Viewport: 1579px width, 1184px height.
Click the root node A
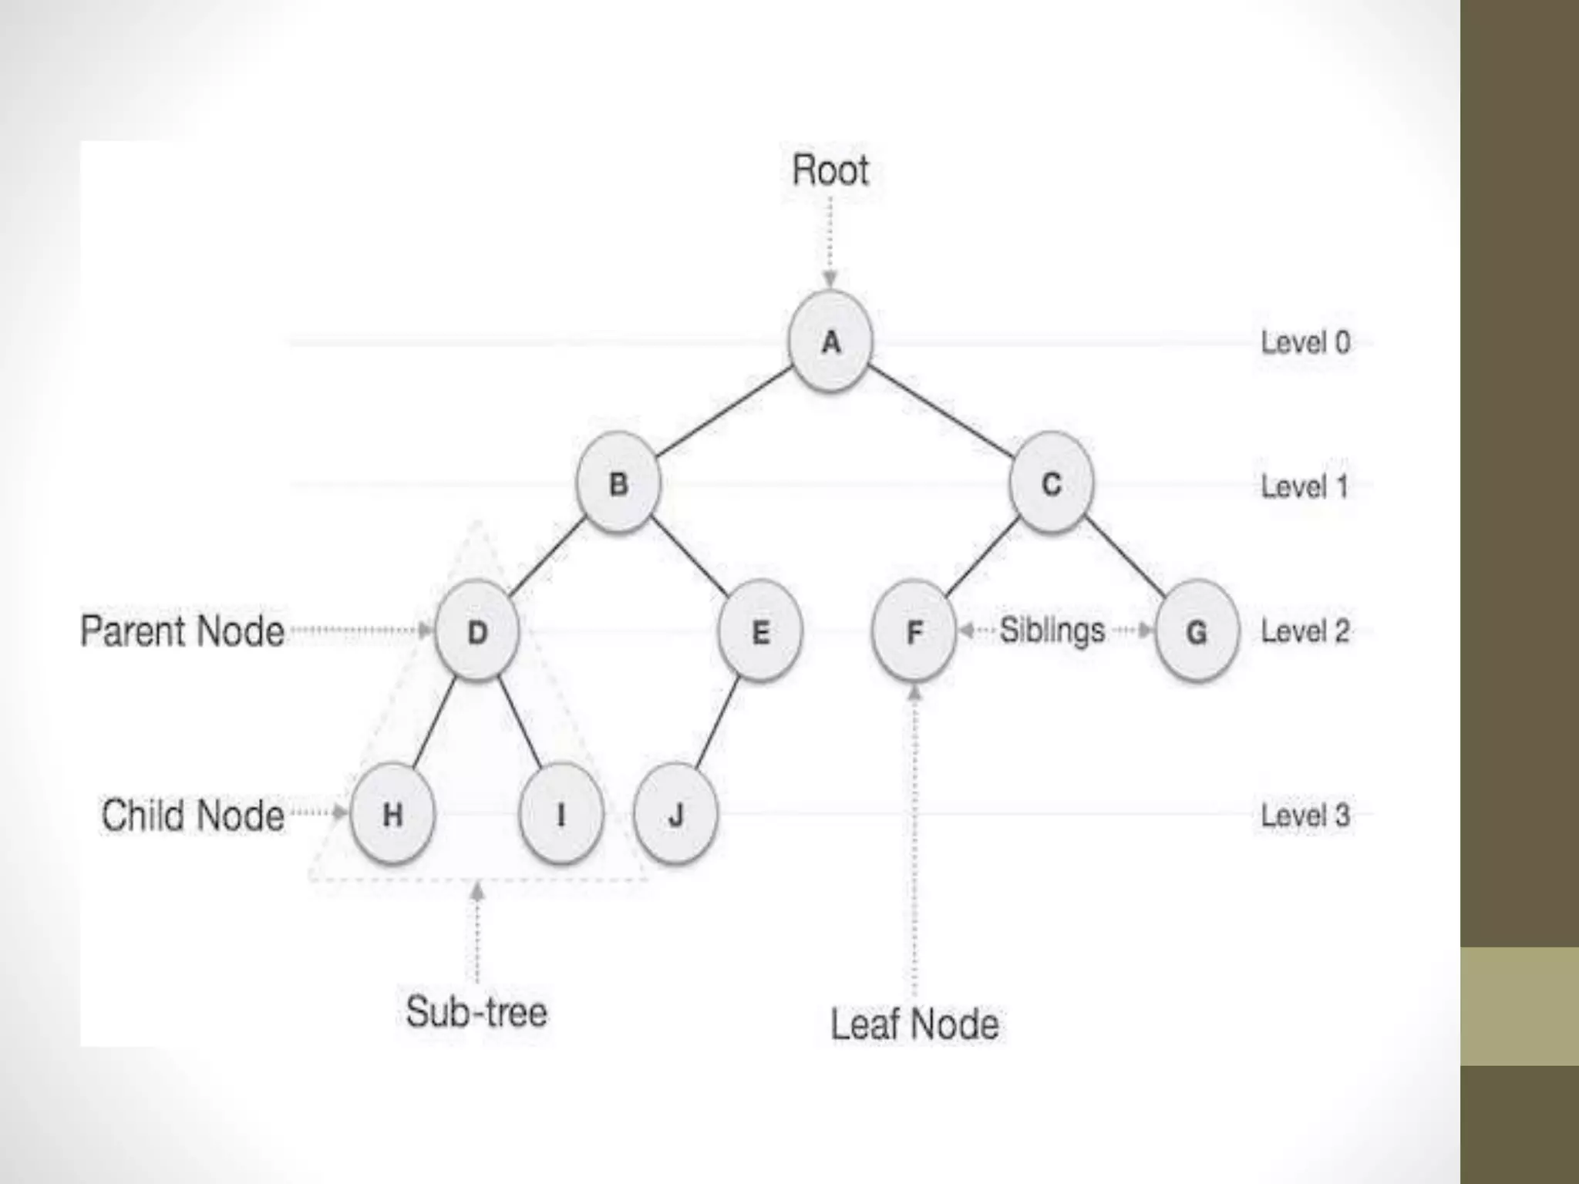[x=830, y=341]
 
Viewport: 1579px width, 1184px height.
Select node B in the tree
[x=618, y=484]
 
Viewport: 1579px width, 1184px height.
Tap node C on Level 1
[x=1051, y=484]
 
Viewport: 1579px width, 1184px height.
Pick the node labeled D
[x=476, y=632]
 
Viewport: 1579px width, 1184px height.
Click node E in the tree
[x=760, y=632]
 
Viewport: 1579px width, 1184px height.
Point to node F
[x=914, y=632]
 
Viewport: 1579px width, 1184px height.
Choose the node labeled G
[x=1197, y=632]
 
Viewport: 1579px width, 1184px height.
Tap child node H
[x=392, y=814]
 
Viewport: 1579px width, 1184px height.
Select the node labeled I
[x=561, y=814]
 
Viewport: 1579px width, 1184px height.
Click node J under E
[x=675, y=814]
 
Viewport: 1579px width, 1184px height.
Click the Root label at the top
[x=830, y=170]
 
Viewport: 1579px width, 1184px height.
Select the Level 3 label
[x=1305, y=816]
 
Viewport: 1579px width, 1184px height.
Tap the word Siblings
[x=1052, y=631]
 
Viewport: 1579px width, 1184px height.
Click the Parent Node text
[x=183, y=631]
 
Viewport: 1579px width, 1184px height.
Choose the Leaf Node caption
[x=914, y=1024]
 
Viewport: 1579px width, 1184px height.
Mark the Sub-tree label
[x=476, y=1011]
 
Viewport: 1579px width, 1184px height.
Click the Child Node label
[x=193, y=816]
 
